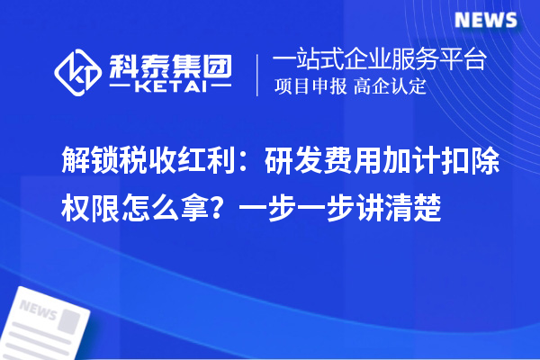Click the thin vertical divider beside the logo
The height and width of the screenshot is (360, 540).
click(x=258, y=74)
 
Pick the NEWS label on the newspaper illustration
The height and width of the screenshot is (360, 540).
click(x=38, y=310)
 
